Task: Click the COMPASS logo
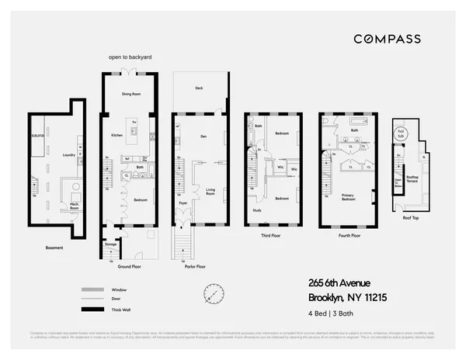click(387, 39)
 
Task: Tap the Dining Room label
click(130, 94)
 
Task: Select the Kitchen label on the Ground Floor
click(116, 134)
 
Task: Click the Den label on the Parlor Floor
click(203, 137)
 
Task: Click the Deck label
click(199, 88)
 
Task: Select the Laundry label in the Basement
click(68, 155)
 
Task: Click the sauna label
click(36, 134)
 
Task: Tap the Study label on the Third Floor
click(256, 210)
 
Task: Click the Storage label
click(111, 244)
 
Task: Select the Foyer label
click(184, 205)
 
